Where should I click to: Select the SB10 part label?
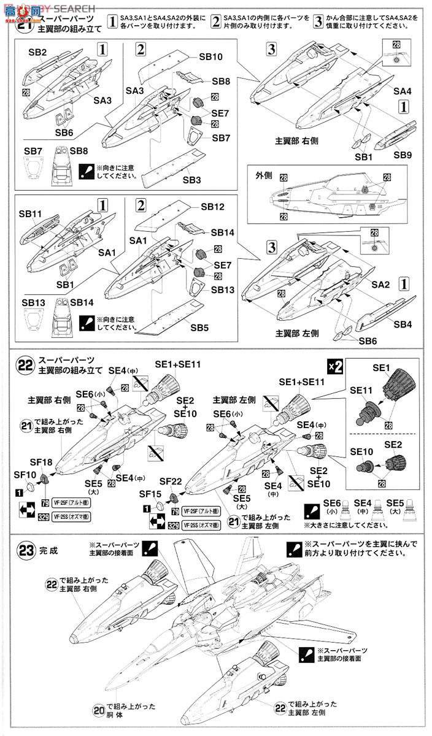pyautogui.click(x=210, y=56)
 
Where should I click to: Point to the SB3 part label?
pyautogui.click(x=191, y=180)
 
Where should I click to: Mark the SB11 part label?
pyautogui.click(x=30, y=214)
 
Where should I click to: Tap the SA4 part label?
pyautogui.click(x=403, y=91)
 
